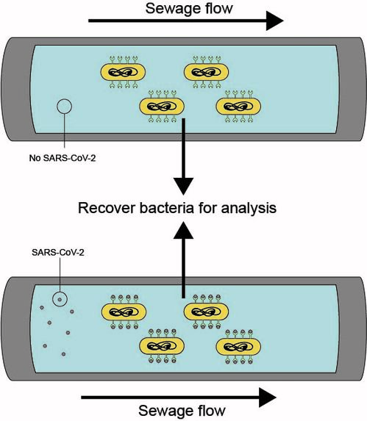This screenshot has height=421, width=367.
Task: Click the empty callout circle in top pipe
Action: click(64, 107)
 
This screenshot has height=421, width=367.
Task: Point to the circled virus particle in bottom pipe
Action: click(58, 299)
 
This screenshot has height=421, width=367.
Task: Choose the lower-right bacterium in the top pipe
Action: click(238, 107)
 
